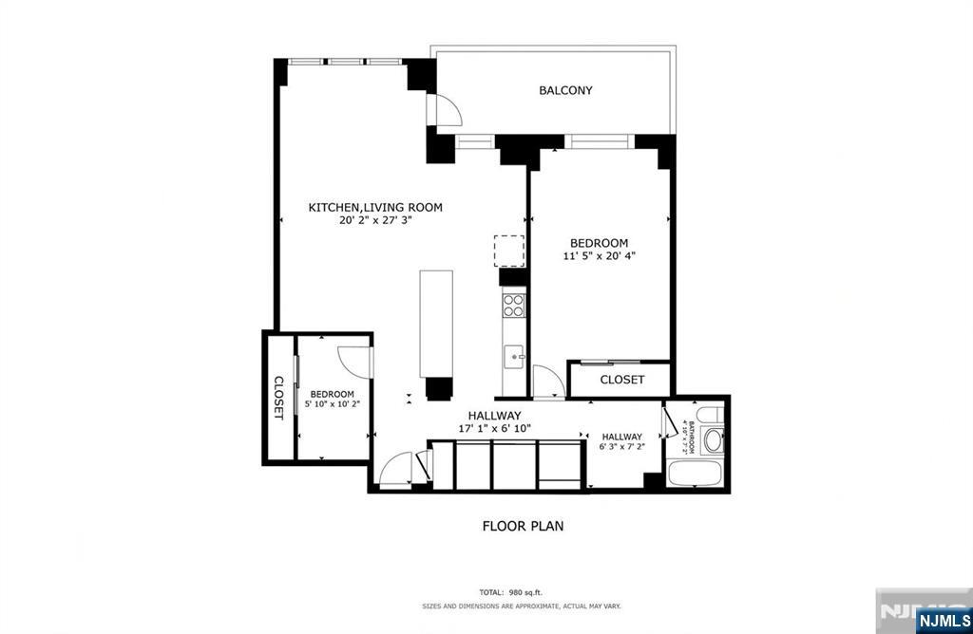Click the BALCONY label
(565, 90)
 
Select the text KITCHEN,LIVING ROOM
(375, 207)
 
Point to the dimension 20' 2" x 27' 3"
(375, 220)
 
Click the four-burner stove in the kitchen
(514, 306)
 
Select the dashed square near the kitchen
(508, 251)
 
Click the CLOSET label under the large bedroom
(622, 380)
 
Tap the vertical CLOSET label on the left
(278, 398)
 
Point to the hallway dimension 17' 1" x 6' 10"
(494, 428)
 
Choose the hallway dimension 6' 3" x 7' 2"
(620, 447)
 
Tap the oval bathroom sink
(713, 439)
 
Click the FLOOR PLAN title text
(523, 525)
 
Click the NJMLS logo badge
(942, 621)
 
